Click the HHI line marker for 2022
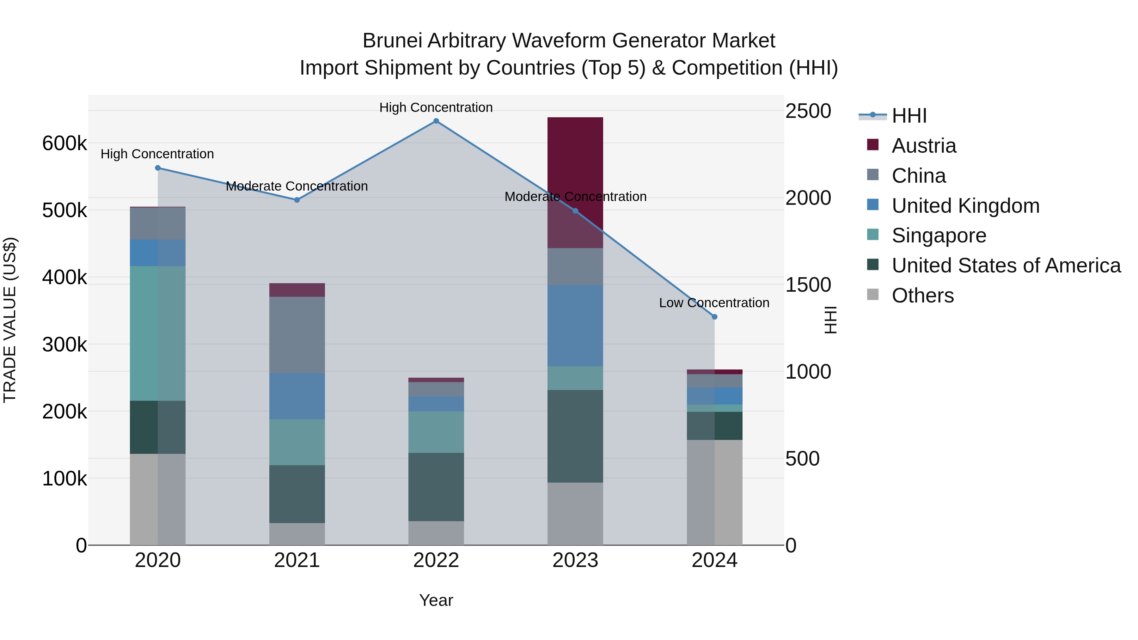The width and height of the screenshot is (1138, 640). (x=436, y=121)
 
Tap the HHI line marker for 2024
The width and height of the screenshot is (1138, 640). (x=714, y=317)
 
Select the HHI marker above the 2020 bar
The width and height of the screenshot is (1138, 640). (x=158, y=168)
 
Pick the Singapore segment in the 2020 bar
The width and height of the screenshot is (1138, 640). (x=157, y=333)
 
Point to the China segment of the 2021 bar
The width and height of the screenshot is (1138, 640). (x=297, y=334)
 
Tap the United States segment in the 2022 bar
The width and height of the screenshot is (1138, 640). (x=436, y=487)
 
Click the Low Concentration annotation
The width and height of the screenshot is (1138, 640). (x=714, y=303)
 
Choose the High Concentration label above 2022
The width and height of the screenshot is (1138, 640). (x=436, y=107)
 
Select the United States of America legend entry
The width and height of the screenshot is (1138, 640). (x=1006, y=265)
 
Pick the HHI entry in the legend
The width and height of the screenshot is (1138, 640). (x=909, y=116)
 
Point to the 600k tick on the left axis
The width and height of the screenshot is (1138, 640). (x=64, y=143)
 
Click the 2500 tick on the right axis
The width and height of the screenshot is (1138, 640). (x=808, y=111)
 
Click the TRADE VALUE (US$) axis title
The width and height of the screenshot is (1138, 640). (x=10, y=320)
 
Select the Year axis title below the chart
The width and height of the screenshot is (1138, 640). (x=436, y=600)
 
